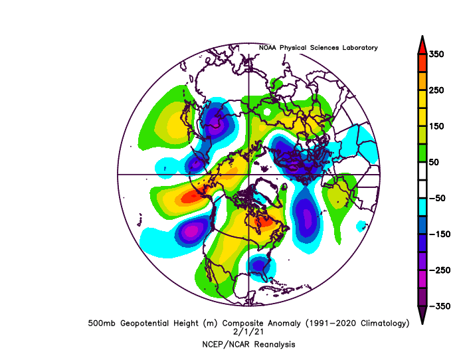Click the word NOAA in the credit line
(x=268, y=48)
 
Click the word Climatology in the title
(x=379, y=323)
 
